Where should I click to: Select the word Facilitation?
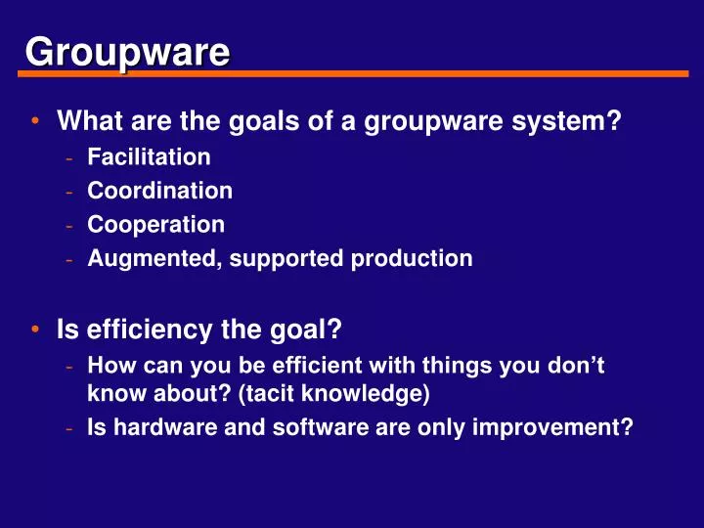pos(149,156)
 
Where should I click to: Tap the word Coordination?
pos(159,191)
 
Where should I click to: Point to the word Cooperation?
pos(155,225)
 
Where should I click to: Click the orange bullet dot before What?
pos(34,123)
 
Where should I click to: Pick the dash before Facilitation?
pos(69,156)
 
